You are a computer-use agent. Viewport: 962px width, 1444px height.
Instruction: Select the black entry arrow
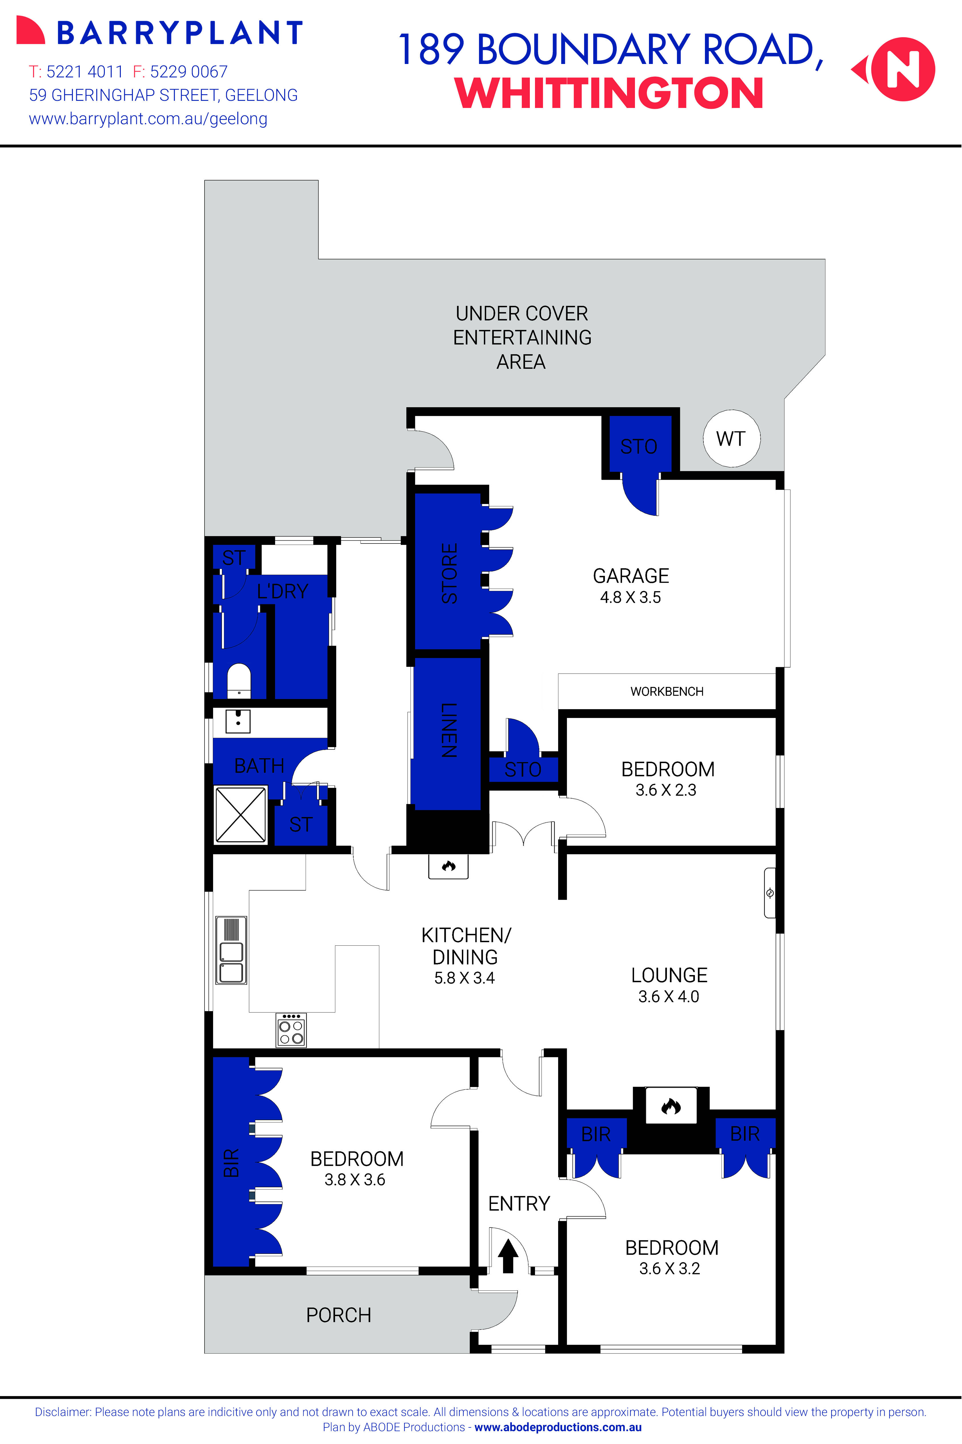coord(507,1256)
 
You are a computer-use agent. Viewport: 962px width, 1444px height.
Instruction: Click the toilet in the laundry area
coord(239,681)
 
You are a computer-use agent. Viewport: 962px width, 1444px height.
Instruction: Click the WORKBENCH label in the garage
coord(667,691)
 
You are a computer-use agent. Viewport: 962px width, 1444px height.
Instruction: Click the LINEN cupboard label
coord(448,730)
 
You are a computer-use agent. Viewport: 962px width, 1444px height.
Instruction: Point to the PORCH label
coord(339,1315)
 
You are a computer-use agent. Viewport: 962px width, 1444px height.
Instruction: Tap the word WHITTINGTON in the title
coord(609,93)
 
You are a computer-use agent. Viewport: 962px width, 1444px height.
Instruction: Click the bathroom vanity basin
coord(238,721)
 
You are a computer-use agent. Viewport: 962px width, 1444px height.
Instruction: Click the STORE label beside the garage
coord(449,573)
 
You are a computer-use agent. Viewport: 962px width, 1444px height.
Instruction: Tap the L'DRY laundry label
coord(282,591)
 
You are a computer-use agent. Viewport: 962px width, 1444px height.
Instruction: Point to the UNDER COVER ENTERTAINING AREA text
coord(522,337)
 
